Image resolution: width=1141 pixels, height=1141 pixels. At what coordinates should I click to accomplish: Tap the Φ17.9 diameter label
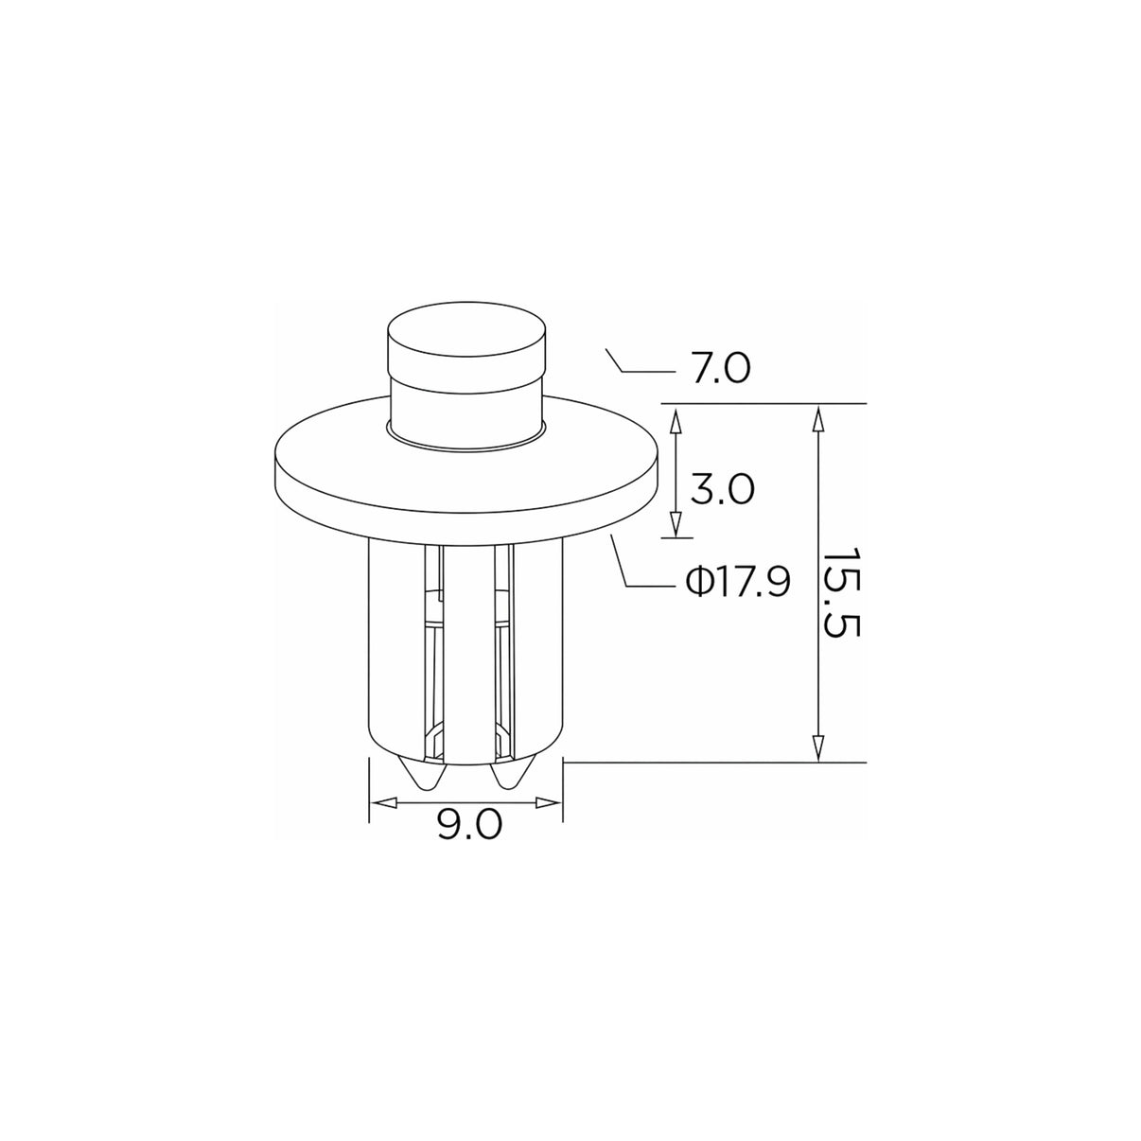tap(738, 583)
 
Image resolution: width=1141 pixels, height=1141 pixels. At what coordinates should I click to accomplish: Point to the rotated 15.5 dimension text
tap(839, 592)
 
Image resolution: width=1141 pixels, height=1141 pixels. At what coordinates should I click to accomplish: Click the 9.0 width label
tap(470, 824)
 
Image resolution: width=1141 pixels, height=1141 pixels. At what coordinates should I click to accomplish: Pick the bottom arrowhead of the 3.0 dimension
tap(675, 524)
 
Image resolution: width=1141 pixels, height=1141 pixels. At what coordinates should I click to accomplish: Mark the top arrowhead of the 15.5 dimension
tap(817, 417)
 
